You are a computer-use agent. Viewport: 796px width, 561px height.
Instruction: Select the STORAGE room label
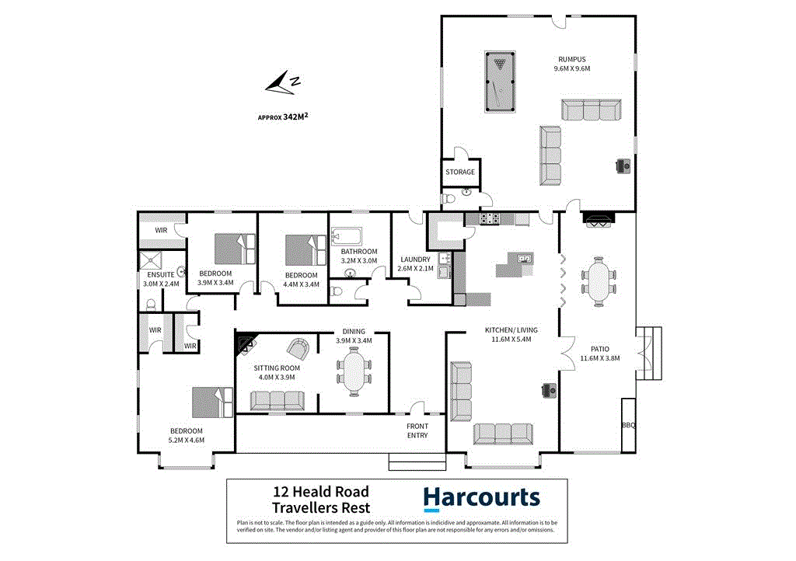[459, 172]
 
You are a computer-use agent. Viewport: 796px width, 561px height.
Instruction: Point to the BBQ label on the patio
[628, 425]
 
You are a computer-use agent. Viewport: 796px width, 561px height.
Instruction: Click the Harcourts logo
[481, 498]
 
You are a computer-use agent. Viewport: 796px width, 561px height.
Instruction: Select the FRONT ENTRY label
[417, 430]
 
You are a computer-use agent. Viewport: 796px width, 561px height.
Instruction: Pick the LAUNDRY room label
[416, 260]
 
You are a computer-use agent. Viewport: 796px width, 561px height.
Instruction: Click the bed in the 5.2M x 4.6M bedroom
[212, 402]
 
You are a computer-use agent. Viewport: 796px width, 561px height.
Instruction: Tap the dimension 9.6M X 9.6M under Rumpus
[571, 68]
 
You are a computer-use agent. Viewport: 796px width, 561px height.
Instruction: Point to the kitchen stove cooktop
[491, 219]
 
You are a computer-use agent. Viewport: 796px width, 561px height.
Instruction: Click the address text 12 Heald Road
[320, 491]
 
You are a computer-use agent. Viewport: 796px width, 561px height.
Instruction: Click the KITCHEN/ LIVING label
[511, 329]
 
